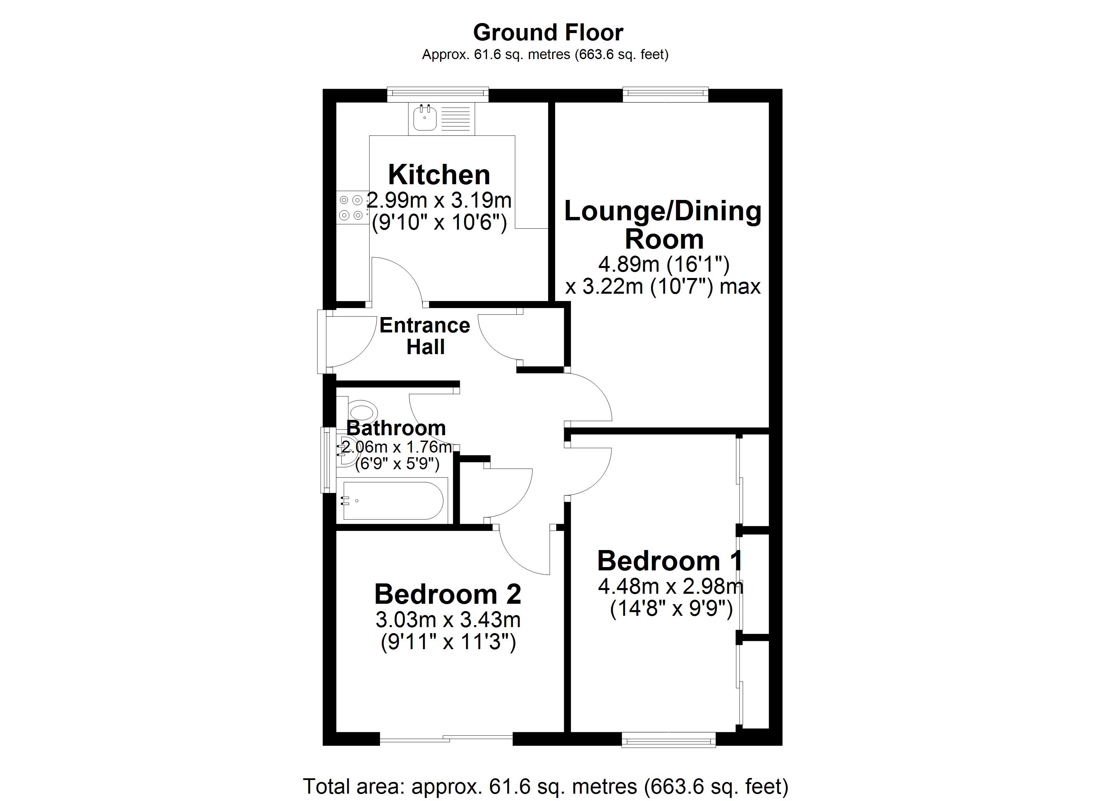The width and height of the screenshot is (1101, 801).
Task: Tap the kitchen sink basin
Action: pyautogui.click(x=425, y=118)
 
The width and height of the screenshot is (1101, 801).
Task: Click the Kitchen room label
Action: pyautogui.click(x=439, y=175)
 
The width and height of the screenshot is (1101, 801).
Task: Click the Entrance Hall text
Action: pyautogui.click(x=425, y=336)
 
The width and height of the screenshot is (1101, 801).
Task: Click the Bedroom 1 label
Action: pyautogui.click(x=670, y=561)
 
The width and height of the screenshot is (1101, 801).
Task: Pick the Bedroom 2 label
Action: pyautogui.click(x=448, y=594)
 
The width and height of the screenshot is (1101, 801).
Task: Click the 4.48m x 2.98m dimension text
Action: pyautogui.click(x=670, y=587)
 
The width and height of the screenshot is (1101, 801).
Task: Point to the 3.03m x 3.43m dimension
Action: pyautogui.click(x=448, y=620)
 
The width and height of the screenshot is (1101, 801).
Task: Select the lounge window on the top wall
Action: pyautogui.click(x=665, y=95)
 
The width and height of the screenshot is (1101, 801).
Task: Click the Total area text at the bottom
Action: pyautogui.click(x=545, y=786)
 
